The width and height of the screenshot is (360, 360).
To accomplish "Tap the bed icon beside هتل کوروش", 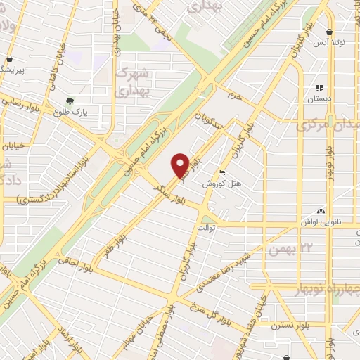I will [222, 173].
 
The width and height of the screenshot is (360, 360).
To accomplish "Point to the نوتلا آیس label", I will [330, 44].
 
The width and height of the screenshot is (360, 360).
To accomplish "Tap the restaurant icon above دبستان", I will [321, 89].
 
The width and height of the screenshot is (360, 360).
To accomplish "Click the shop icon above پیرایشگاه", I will [9, 59].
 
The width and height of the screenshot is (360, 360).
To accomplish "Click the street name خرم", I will [234, 94].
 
